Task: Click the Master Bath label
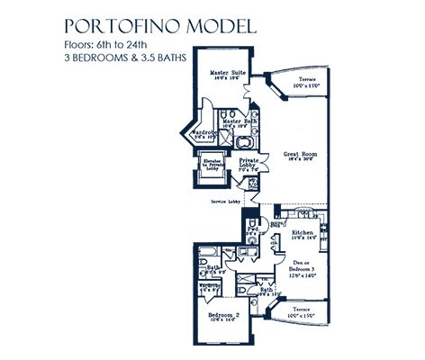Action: [240, 120]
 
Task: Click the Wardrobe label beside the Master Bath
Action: [205, 132]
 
